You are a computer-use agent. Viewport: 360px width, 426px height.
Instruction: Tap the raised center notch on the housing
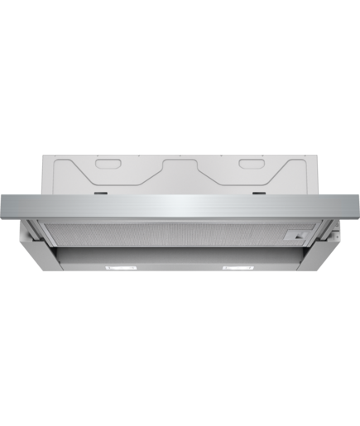[x=180, y=160]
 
